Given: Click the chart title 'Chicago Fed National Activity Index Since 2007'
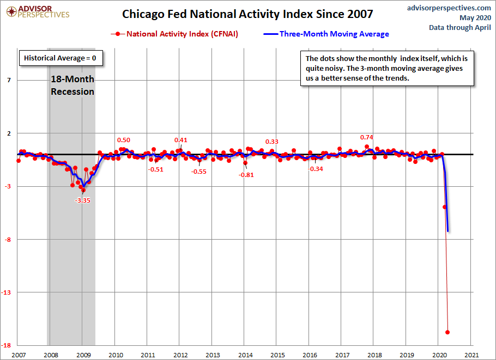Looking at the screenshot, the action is [x=247, y=14].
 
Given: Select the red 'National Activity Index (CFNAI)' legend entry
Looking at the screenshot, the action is [x=174, y=34].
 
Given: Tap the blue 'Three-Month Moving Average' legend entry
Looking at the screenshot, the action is [x=326, y=34].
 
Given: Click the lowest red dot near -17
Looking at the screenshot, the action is [x=447, y=332].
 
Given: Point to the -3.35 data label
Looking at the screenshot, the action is [x=82, y=200].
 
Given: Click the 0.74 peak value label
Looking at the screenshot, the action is [x=367, y=137].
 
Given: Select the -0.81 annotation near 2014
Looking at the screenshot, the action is [x=246, y=175].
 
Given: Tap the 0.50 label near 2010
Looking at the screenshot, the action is [x=124, y=140].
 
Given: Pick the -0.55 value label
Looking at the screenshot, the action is [x=198, y=172].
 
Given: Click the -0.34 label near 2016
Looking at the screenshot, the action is [x=316, y=169].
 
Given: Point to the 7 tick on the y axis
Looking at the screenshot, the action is [x=9, y=80].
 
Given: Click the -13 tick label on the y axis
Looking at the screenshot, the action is [x=7, y=292].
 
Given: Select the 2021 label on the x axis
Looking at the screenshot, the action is [x=471, y=355].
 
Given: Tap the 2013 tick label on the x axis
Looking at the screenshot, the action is [x=213, y=355].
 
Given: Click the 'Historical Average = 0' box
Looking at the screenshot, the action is [x=61, y=58].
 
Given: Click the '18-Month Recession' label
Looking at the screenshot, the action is [x=72, y=86].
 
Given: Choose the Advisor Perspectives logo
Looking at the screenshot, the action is [x=38, y=12].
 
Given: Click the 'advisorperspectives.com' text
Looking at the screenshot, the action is [x=449, y=8].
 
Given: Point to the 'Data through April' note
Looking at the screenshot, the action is [x=460, y=27].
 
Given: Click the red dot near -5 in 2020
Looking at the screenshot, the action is [x=444, y=207].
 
